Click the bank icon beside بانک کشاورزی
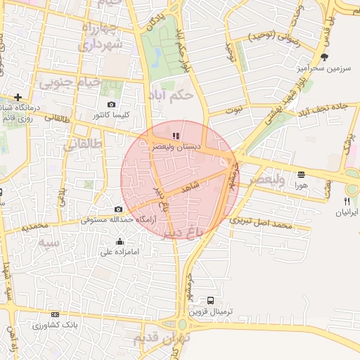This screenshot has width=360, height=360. pos(55,314)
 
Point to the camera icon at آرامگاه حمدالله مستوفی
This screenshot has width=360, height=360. pos(118,209)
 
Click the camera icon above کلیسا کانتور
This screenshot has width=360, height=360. pos(111,104)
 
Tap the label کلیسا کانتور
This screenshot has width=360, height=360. pos(111,114)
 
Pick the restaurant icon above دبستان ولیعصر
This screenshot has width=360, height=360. pos(175,136)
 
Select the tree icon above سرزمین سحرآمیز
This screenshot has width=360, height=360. pos(323,57)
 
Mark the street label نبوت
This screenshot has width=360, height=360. pos(234,110)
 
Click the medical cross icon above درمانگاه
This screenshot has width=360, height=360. pos(18,97)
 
